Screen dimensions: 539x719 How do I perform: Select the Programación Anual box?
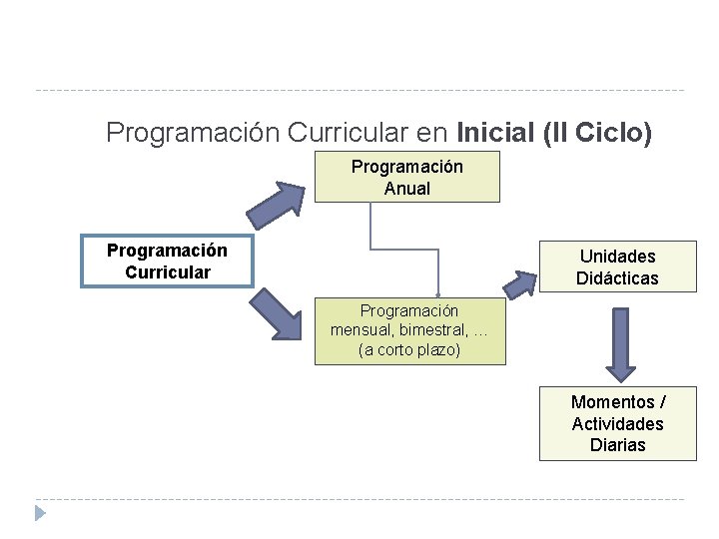[406, 178]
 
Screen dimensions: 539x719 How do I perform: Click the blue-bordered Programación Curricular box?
[167, 261]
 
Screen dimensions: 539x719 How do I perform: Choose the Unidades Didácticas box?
[617, 268]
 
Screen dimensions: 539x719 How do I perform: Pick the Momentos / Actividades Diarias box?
[617, 423]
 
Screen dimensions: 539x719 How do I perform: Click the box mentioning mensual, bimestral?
[408, 330]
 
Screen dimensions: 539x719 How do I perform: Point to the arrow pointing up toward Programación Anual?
[276, 206]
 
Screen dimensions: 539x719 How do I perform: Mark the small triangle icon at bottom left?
[40, 513]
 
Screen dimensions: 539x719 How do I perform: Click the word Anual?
[406, 189]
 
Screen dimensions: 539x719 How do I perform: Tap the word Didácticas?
[617, 278]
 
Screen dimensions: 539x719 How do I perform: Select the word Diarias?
[617, 445]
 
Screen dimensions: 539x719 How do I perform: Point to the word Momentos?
[612, 402]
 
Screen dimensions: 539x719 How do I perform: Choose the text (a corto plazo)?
[408, 350]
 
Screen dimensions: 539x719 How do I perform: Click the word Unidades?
[617, 257]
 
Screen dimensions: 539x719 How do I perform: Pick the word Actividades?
[617, 424]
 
